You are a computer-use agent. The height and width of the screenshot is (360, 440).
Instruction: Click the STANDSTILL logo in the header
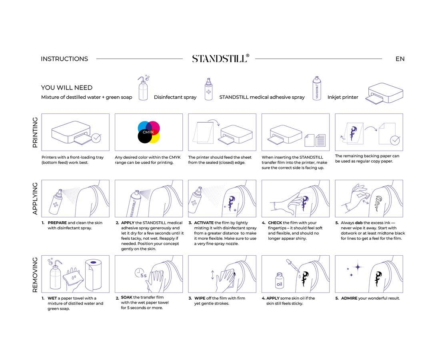coord(220,59)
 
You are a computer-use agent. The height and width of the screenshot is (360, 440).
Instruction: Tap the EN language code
coord(400,59)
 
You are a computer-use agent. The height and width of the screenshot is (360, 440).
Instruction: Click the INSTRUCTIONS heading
coord(64,59)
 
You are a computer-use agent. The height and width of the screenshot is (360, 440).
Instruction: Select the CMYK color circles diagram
coord(149,132)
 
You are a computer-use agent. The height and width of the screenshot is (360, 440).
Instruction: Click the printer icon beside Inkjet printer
coord(384,93)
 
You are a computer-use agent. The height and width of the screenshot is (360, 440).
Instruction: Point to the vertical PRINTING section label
coord(35,132)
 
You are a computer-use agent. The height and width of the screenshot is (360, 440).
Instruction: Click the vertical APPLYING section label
coord(35,199)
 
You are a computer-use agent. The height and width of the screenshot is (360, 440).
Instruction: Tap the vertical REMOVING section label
coord(35,274)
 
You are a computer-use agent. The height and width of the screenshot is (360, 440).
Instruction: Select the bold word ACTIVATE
coord(204,223)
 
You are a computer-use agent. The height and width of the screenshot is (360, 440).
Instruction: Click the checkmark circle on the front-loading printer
coord(96,139)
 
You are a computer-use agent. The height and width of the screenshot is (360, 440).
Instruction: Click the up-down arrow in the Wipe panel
coord(212,275)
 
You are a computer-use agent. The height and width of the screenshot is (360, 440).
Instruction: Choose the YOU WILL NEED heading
coord(66,88)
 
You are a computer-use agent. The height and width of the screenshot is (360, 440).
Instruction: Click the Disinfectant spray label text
coord(175,97)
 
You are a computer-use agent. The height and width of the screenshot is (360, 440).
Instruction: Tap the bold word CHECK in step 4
coord(275,223)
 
